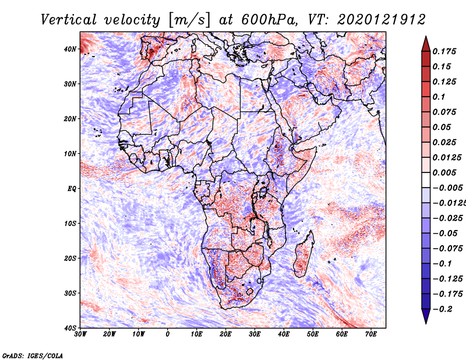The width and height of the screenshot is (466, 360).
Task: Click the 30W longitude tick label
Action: (80, 334)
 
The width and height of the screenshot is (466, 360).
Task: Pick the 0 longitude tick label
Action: (168, 334)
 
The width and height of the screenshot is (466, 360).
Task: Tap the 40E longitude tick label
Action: (284, 334)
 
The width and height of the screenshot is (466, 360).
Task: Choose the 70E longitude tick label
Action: (371, 334)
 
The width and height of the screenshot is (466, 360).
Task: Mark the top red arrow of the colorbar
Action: (425, 44)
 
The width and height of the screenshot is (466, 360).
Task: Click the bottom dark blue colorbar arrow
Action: (425, 316)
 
